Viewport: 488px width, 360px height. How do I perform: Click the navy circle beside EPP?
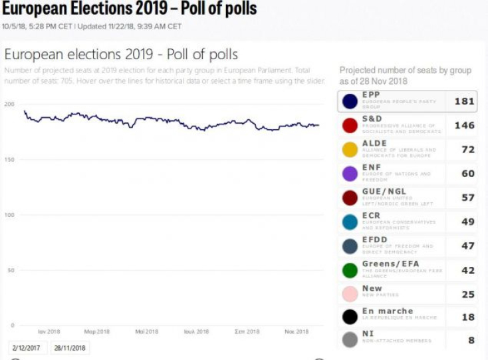coord(350,102)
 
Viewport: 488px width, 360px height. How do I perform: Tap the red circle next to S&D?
coord(350,126)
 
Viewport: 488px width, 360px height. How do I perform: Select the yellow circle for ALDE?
coord(350,150)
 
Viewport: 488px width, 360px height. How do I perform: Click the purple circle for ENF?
coord(350,174)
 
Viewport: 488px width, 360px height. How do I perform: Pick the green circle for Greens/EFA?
coord(350,270)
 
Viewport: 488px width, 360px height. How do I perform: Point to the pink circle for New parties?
coord(350,294)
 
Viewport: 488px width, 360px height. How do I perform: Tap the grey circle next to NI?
coord(350,340)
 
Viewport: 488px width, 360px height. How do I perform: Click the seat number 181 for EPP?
coord(463,102)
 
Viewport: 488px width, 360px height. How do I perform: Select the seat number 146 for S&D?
coord(463,126)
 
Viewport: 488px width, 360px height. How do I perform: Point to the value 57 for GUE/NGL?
coord(467,198)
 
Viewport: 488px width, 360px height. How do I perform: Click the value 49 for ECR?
coord(467,222)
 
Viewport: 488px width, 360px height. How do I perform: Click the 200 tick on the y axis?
coord(9,104)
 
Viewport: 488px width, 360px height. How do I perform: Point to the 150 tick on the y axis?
coord(9,160)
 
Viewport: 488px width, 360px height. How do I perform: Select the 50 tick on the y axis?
coord(10,270)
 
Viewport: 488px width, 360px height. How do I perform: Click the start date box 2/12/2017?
coord(25,348)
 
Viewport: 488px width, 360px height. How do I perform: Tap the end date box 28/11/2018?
coord(70,348)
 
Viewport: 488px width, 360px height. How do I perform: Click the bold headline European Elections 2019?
coord(129,9)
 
